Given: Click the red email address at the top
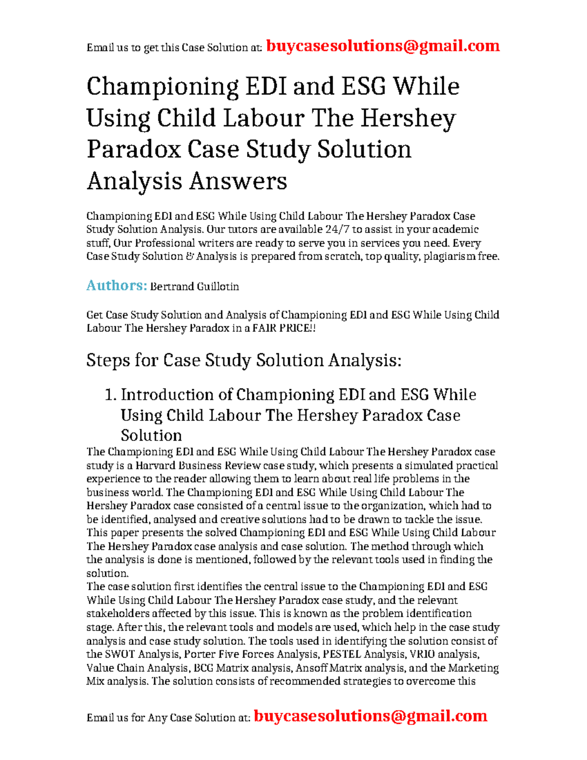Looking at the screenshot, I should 383,46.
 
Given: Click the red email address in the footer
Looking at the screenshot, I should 370,716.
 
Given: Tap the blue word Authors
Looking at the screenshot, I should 116,285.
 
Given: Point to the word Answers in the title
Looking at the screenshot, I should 238,182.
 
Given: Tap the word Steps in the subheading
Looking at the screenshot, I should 108,361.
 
